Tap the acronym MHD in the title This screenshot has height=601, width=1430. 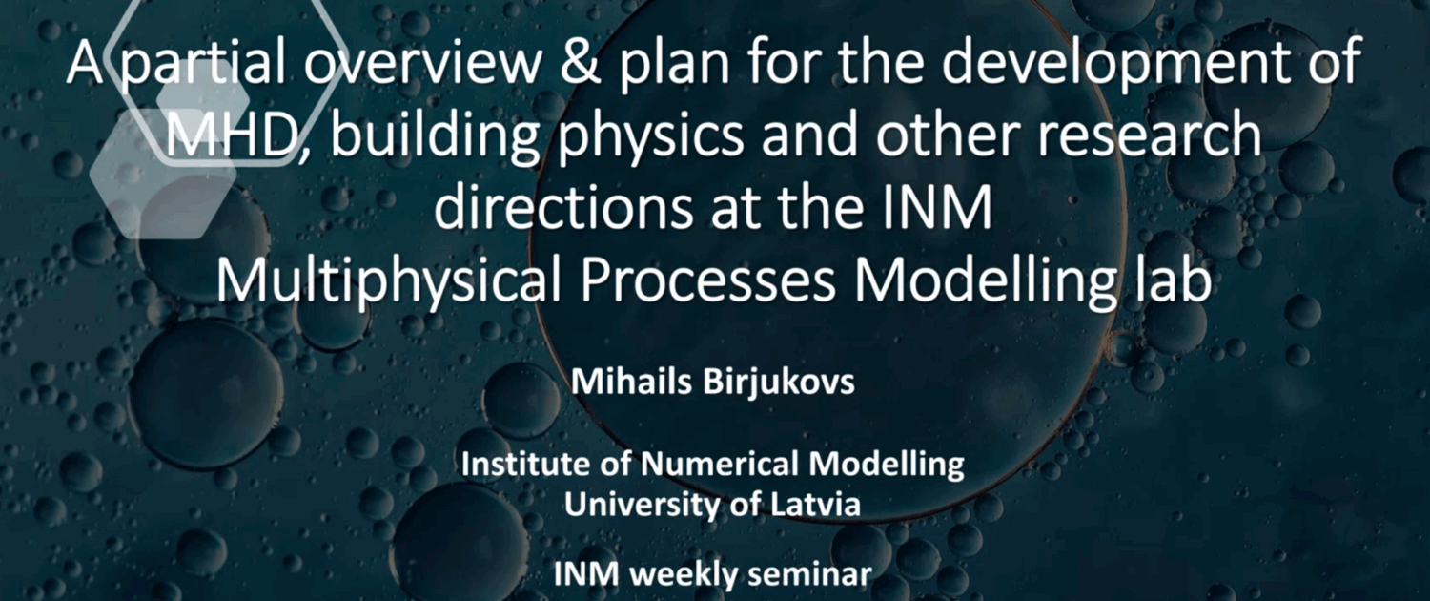(231, 135)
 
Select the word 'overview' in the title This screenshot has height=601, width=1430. (421, 63)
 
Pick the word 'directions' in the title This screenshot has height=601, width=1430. (563, 208)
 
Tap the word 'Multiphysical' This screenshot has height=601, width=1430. (389, 282)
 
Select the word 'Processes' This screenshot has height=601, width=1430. (707, 281)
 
